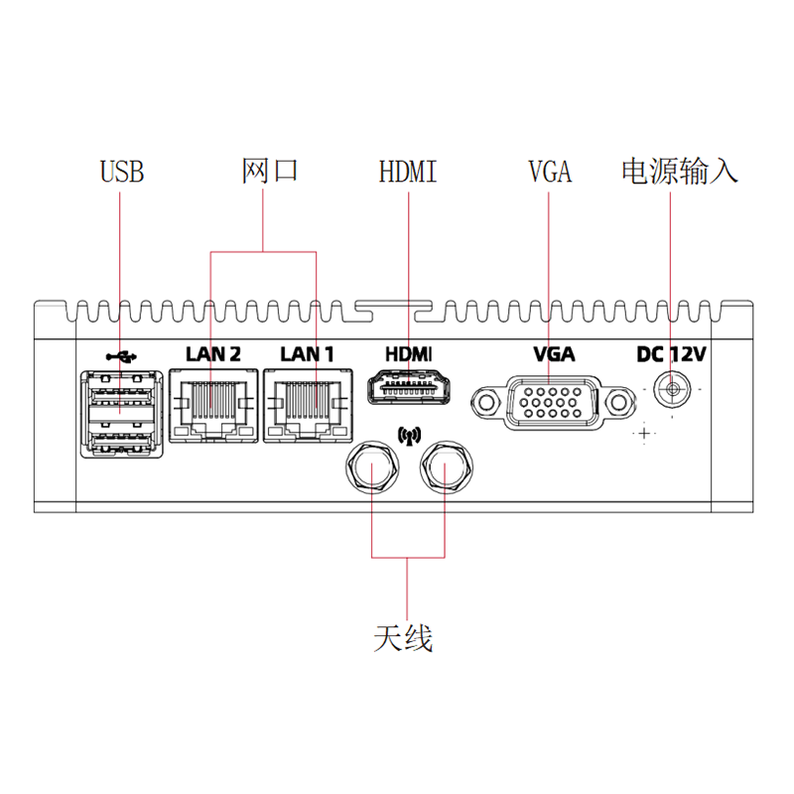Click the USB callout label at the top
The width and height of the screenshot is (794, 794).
(122, 171)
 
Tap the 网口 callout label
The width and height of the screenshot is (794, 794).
(269, 170)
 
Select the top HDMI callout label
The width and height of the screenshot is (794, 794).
(408, 171)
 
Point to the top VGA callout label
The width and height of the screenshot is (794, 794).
(550, 171)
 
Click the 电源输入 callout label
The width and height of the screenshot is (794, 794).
(679, 171)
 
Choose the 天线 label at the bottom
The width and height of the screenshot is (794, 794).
(403, 638)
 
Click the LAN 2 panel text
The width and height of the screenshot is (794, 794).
(213, 354)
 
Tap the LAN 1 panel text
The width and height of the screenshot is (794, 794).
(308, 354)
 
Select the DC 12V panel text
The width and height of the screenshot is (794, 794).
(671, 354)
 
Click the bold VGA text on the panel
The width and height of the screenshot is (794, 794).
(554, 354)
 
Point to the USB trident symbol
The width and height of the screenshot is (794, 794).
(121, 357)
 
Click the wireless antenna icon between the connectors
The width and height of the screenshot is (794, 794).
(409, 436)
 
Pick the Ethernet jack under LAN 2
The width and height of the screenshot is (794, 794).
(213, 406)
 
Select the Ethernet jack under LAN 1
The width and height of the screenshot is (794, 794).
(308, 406)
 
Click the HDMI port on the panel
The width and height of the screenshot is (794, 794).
(409, 387)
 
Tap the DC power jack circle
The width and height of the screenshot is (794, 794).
(672, 389)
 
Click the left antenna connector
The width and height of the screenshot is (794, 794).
(372, 467)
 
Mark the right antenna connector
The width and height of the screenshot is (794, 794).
(447, 467)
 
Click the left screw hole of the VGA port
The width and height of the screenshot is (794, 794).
(486, 403)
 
